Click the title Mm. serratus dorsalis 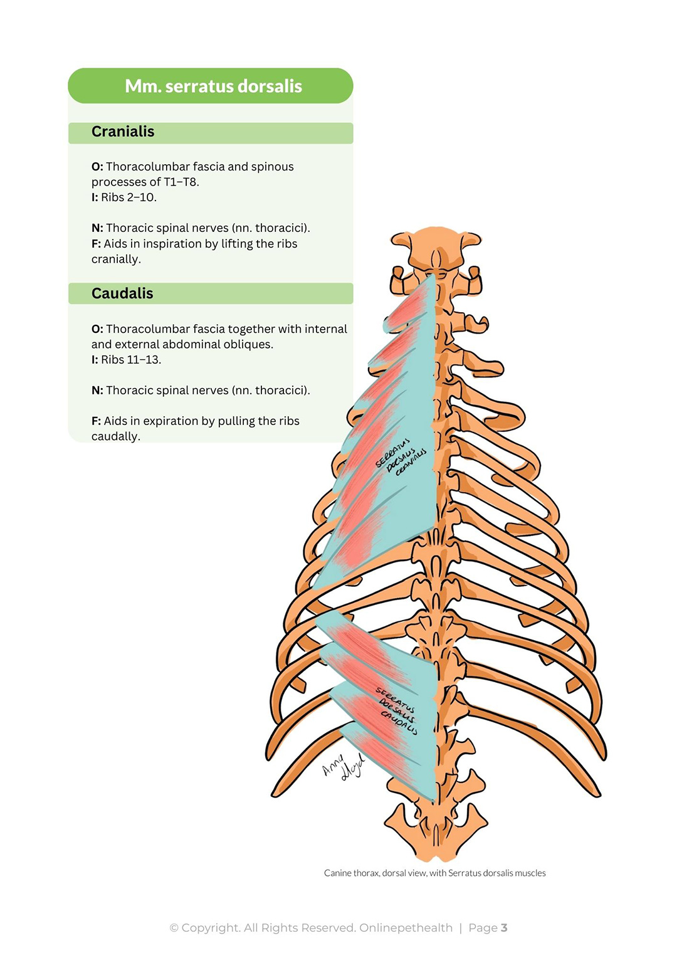click(213, 86)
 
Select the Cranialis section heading click(123, 132)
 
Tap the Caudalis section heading click(122, 293)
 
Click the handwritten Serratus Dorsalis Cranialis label click(401, 457)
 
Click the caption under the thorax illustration click(434, 873)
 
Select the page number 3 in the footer click(504, 928)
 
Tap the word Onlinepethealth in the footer click(406, 928)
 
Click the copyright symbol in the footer click(174, 928)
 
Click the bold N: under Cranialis click(97, 228)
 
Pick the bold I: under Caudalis click(95, 360)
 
